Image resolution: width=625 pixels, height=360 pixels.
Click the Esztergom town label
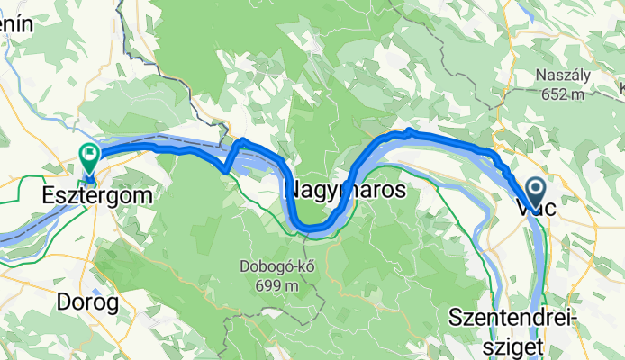[95, 193]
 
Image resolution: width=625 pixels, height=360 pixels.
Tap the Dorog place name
[87, 303]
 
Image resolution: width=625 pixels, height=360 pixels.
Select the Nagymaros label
[345, 191]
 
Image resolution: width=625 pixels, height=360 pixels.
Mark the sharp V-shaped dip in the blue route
[224, 168]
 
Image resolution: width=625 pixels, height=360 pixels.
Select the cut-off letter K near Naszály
[620, 87]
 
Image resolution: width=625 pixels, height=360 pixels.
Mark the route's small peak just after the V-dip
[240, 141]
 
